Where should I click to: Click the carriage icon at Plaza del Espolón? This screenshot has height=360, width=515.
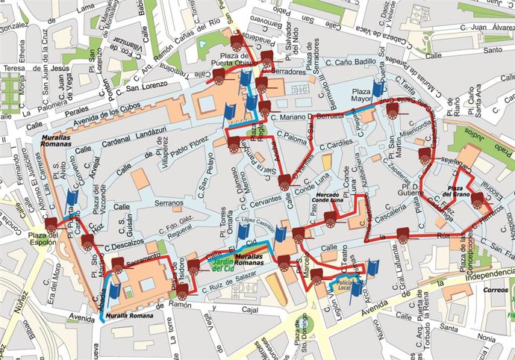coord(51,223)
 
